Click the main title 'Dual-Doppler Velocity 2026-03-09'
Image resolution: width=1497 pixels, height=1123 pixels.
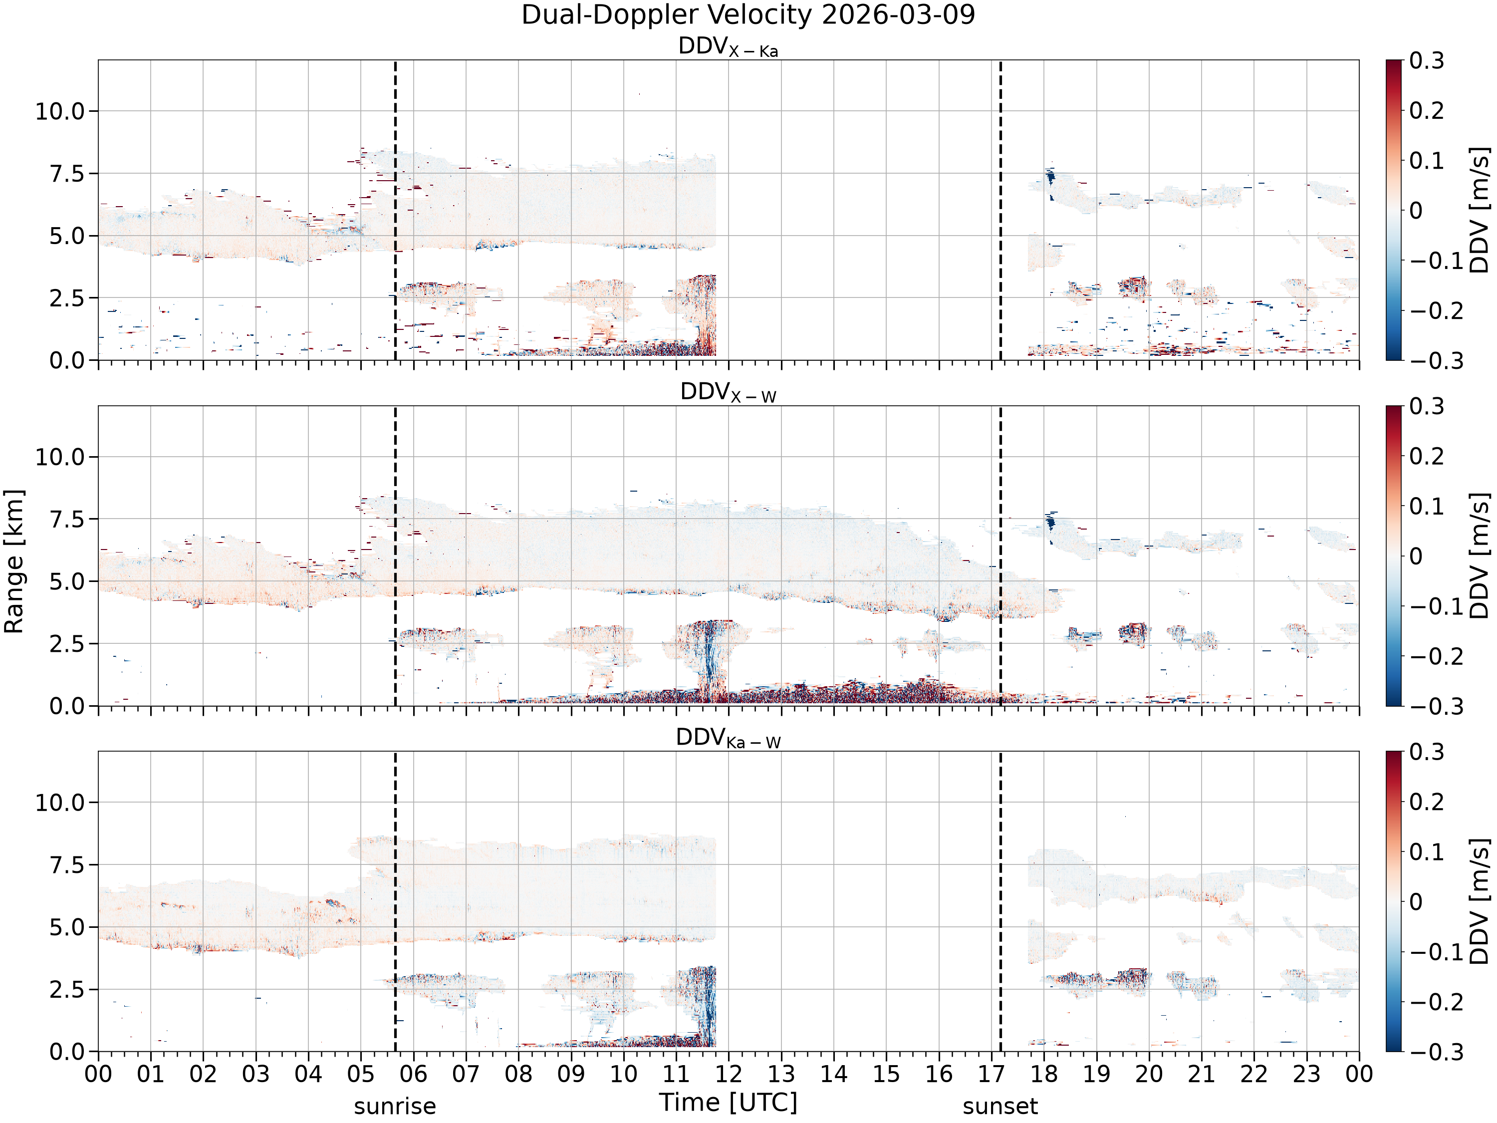pos(748,15)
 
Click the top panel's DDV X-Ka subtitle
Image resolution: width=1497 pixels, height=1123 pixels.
pos(728,47)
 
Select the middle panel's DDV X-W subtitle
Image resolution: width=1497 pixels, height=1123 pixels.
pos(728,393)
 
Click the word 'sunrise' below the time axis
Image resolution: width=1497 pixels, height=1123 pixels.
pos(395,1106)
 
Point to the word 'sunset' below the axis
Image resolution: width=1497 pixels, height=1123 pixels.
pos(1000,1106)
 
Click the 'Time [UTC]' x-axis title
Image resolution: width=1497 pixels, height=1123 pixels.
pos(728,1103)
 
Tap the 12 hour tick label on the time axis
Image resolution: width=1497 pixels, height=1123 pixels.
pos(729,1074)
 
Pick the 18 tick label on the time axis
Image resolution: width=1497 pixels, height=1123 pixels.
pos(1044,1074)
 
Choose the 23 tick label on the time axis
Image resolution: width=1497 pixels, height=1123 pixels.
pos(1307,1074)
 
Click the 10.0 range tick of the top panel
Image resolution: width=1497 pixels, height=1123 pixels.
pos(61,111)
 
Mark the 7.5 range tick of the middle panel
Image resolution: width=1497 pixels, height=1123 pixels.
pos(68,519)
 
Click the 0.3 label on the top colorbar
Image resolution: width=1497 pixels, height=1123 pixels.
pos(1427,61)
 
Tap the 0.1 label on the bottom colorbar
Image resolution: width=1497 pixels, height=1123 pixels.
pos(1427,851)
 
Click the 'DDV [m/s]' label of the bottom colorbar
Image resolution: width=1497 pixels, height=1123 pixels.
pos(1480,901)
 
